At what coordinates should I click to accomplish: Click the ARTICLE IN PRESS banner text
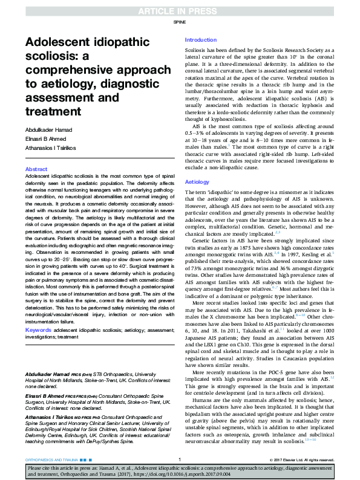(180, 10)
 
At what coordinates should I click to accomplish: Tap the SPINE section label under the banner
(180, 21)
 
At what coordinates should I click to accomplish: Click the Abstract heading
(36, 169)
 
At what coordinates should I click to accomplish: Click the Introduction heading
(200, 39)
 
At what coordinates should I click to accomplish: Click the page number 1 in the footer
(180, 459)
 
